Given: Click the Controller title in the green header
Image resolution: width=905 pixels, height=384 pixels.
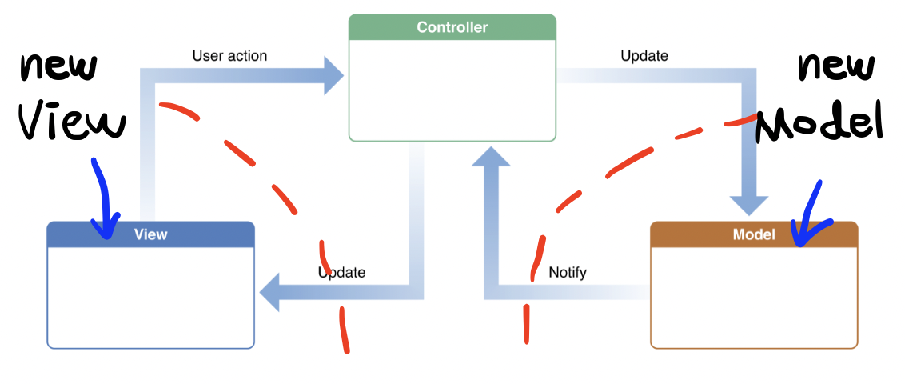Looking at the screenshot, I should tap(452, 27).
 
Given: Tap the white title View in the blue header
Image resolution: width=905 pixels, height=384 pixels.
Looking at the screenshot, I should tap(150, 234).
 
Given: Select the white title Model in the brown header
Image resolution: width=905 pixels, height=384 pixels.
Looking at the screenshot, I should tap(753, 234).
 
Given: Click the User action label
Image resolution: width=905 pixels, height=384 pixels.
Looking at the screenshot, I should tap(229, 56).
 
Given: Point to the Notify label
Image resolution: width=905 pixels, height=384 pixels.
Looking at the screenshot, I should tap(567, 272).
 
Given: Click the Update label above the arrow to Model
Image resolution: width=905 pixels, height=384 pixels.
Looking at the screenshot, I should tap(644, 56).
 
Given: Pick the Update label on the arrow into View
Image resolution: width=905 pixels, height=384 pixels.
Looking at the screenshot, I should tap(342, 272).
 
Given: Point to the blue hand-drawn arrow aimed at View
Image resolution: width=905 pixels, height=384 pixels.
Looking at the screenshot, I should tap(102, 200).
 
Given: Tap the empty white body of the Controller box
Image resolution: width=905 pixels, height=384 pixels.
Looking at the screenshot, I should tap(452, 90).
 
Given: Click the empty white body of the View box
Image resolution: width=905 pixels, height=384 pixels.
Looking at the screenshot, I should tap(150, 296).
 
